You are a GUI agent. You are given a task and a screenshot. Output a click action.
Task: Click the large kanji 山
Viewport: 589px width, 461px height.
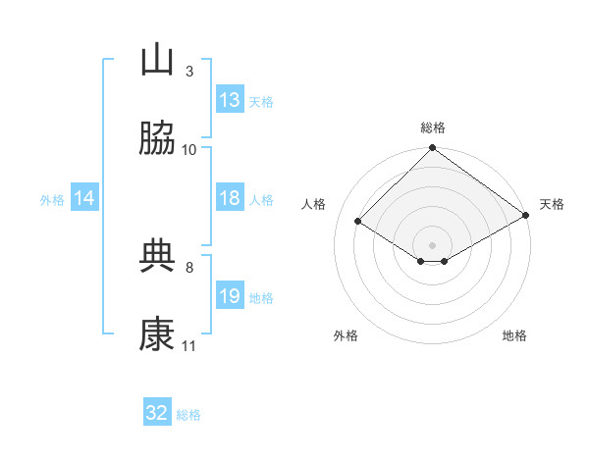pyautogui.click(x=157, y=59)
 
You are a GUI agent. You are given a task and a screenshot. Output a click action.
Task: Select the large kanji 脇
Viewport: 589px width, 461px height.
pyautogui.click(x=157, y=137)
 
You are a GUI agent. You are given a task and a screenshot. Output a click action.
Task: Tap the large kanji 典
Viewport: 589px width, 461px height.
pyautogui.click(x=157, y=256)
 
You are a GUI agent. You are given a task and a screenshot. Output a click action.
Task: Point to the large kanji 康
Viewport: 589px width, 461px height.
pyautogui.click(x=157, y=333)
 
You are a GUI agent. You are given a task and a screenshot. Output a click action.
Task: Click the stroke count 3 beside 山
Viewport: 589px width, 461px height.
pyautogui.click(x=189, y=72)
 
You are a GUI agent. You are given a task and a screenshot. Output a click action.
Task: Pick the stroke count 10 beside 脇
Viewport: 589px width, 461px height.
pyautogui.click(x=188, y=150)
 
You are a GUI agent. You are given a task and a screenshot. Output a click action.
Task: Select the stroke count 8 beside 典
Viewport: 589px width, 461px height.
pyautogui.click(x=189, y=268)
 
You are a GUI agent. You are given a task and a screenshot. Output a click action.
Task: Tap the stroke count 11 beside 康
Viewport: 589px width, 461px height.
pyautogui.click(x=188, y=346)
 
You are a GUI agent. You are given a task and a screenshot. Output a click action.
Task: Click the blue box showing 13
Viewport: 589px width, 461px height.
pyautogui.click(x=230, y=99)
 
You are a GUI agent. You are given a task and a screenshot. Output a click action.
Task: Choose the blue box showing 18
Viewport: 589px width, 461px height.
pyautogui.click(x=230, y=197)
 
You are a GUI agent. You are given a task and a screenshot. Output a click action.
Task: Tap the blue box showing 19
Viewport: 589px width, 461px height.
pyautogui.click(x=230, y=294)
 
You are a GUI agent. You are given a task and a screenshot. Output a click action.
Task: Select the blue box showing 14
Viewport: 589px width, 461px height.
pyautogui.click(x=84, y=197)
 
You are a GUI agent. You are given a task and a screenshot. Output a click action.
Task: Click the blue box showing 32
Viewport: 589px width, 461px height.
pyautogui.click(x=157, y=411)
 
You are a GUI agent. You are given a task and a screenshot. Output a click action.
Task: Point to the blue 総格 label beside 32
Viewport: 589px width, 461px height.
pyautogui.click(x=188, y=415)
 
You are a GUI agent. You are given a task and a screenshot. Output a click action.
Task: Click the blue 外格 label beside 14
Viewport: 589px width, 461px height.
pyautogui.click(x=52, y=200)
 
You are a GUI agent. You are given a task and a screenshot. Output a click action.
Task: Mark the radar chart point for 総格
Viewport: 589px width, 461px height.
pyautogui.click(x=432, y=147)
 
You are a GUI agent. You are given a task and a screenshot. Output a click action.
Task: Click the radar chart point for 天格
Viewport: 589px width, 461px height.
pyautogui.click(x=526, y=215)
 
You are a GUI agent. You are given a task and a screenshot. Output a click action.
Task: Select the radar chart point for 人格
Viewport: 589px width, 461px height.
pyautogui.click(x=358, y=221)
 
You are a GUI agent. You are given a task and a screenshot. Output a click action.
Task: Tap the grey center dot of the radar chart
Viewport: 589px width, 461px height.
pyautogui.click(x=432, y=245)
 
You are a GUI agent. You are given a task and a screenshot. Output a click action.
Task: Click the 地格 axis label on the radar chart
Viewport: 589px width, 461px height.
pyautogui.click(x=514, y=335)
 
